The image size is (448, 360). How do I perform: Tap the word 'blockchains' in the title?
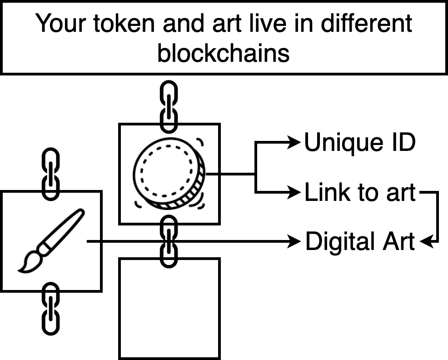[224, 53]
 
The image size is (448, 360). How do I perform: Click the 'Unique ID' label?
[359, 143]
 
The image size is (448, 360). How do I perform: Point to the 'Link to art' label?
[360, 193]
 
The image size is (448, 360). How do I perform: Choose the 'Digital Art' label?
[360, 241]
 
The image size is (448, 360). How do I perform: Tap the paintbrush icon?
[51, 240]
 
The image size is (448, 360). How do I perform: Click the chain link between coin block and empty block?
[169, 241]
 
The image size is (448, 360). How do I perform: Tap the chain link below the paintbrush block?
[50, 308]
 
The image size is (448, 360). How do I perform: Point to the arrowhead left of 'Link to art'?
[296, 193]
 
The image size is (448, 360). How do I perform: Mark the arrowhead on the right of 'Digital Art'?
[426, 241]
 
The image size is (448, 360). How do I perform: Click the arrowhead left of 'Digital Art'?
[296, 241]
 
